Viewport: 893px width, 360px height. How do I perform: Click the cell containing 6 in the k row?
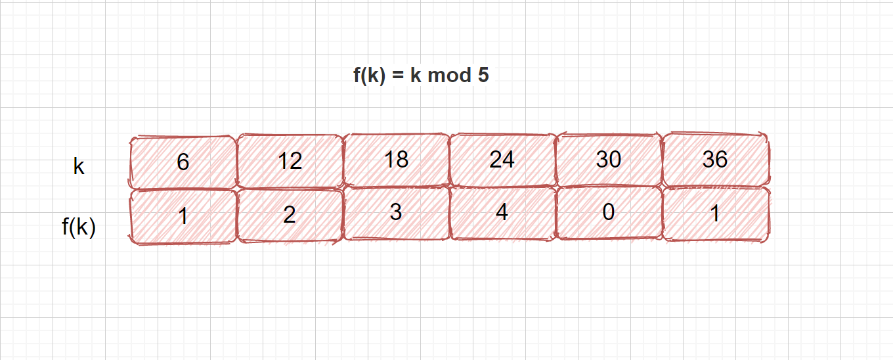[x=183, y=162]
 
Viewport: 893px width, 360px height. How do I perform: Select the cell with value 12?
[x=290, y=160]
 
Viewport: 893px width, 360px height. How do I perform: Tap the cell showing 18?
[x=396, y=160]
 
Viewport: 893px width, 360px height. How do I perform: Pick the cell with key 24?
[x=502, y=160]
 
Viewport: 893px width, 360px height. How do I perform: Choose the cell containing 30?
[x=609, y=160]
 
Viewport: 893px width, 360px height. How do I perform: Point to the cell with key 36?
[x=715, y=160]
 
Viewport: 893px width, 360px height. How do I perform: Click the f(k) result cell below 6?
[x=183, y=215]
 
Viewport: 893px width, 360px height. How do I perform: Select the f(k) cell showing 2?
[x=290, y=215]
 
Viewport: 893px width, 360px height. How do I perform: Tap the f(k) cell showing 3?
[x=396, y=214]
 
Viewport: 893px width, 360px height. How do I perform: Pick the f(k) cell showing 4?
[x=502, y=214]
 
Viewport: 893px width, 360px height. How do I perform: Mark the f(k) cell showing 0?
[x=609, y=214]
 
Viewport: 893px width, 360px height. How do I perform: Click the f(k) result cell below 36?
[x=715, y=214]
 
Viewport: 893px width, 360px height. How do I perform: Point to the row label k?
[x=79, y=167]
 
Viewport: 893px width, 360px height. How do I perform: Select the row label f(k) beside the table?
[x=79, y=227]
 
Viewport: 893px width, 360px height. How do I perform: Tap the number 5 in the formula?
[x=483, y=76]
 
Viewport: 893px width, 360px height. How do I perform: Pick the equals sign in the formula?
[x=397, y=76]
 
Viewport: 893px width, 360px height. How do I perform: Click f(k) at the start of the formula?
[x=368, y=76]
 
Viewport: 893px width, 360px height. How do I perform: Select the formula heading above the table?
[x=421, y=76]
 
